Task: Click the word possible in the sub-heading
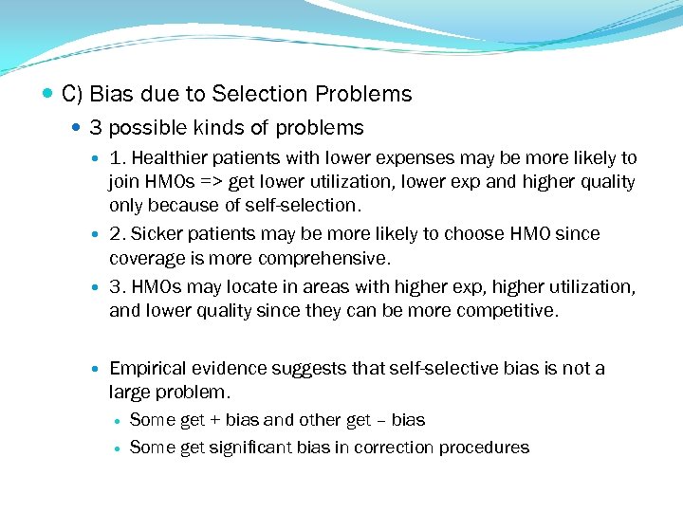pyautogui.click(x=155, y=127)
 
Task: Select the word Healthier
pyautogui.click(x=165, y=157)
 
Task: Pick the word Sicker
pyautogui.click(x=157, y=233)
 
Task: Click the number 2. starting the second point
pyautogui.click(x=117, y=233)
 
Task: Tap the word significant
pyautogui.click(x=250, y=448)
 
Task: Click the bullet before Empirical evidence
pyautogui.click(x=100, y=368)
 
